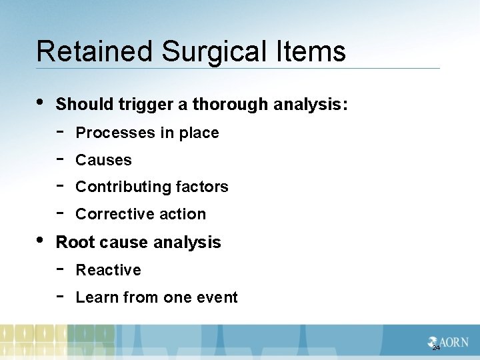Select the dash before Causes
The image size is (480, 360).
tap(59, 159)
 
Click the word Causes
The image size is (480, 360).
tap(104, 160)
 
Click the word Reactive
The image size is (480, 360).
tap(109, 270)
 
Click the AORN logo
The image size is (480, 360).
tap(449, 342)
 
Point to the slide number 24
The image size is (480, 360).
tap(436, 348)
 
